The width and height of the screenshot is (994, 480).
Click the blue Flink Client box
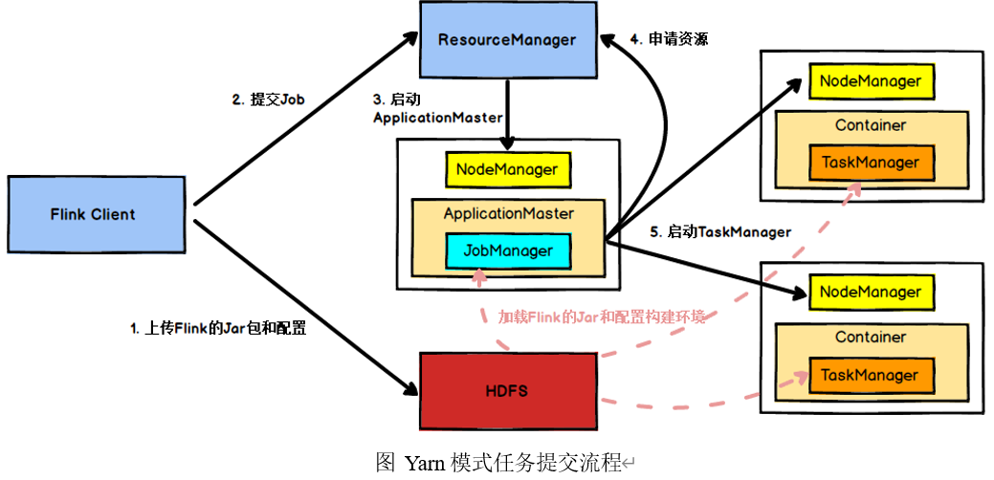click(x=93, y=214)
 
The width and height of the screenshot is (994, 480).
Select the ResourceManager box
click(x=507, y=40)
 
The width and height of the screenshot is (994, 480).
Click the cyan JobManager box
click(x=508, y=251)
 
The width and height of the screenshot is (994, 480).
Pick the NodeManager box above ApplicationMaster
click(x=507, y=170)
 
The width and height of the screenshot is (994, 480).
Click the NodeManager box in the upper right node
click(x=870, y=81)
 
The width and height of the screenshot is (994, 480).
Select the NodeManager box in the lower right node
click(x=870, y=293)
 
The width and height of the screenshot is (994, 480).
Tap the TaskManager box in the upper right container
click(x=870, y=163)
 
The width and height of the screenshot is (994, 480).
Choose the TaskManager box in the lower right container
click(x=870, y=376)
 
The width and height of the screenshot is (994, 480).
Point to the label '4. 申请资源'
click(x=668, y=39)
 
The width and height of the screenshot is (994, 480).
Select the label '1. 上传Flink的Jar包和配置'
click(x=218, y=327)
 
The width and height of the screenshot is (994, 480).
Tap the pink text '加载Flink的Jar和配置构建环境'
click(x=602, y=316)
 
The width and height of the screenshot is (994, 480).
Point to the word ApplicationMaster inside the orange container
click(x=508, y=213)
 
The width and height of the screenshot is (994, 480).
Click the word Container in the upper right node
click(x=870, y=125)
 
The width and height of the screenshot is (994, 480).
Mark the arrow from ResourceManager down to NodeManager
click(x=507, y=113)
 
